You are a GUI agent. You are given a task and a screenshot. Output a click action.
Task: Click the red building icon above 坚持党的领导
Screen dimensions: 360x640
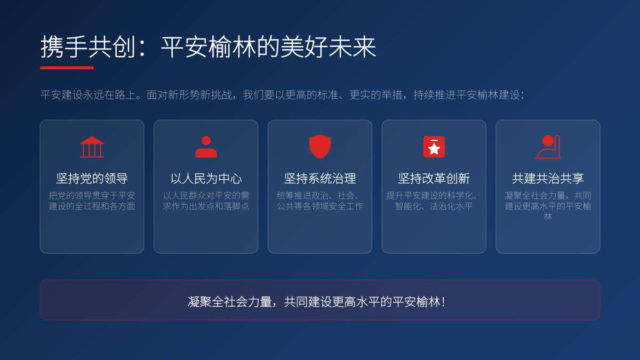click(92, 147)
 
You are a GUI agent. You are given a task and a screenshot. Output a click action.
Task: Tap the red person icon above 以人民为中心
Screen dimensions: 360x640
click(206, 147)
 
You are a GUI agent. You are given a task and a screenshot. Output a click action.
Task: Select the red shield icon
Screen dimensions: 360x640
click(320, 147)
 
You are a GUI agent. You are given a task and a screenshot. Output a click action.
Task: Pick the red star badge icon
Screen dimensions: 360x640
click(434, 147)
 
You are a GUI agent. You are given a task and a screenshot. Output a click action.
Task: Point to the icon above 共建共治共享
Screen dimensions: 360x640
click(548, 147)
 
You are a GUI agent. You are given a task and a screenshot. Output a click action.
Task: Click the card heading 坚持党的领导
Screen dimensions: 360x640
click(92, 178)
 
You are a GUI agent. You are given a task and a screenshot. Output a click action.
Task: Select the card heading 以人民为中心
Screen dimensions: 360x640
click(206, 178)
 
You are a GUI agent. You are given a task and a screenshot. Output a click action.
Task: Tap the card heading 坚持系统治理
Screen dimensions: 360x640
click(320, 178)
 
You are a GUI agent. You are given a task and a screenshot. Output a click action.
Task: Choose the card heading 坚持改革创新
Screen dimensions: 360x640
click(434, 178)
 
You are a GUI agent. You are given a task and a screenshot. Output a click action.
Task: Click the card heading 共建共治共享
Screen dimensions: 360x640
click(548, 178)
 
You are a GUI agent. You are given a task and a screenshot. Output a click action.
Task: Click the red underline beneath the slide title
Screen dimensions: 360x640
click(67, 68)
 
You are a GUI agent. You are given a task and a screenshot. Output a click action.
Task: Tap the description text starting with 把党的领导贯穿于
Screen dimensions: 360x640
click(92, 201)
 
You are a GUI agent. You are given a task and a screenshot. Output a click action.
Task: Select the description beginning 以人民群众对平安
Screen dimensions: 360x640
click(206, 201)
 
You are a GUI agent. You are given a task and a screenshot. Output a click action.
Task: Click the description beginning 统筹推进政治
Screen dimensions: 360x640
click(320, 201)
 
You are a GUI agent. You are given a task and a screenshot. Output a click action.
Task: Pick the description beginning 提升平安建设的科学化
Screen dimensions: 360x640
click(434, 201)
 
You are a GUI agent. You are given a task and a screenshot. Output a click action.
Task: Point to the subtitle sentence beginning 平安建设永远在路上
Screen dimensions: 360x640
click(283, 95)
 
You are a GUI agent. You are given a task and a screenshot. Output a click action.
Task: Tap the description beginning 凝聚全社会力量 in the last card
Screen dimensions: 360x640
click(548, 206)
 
